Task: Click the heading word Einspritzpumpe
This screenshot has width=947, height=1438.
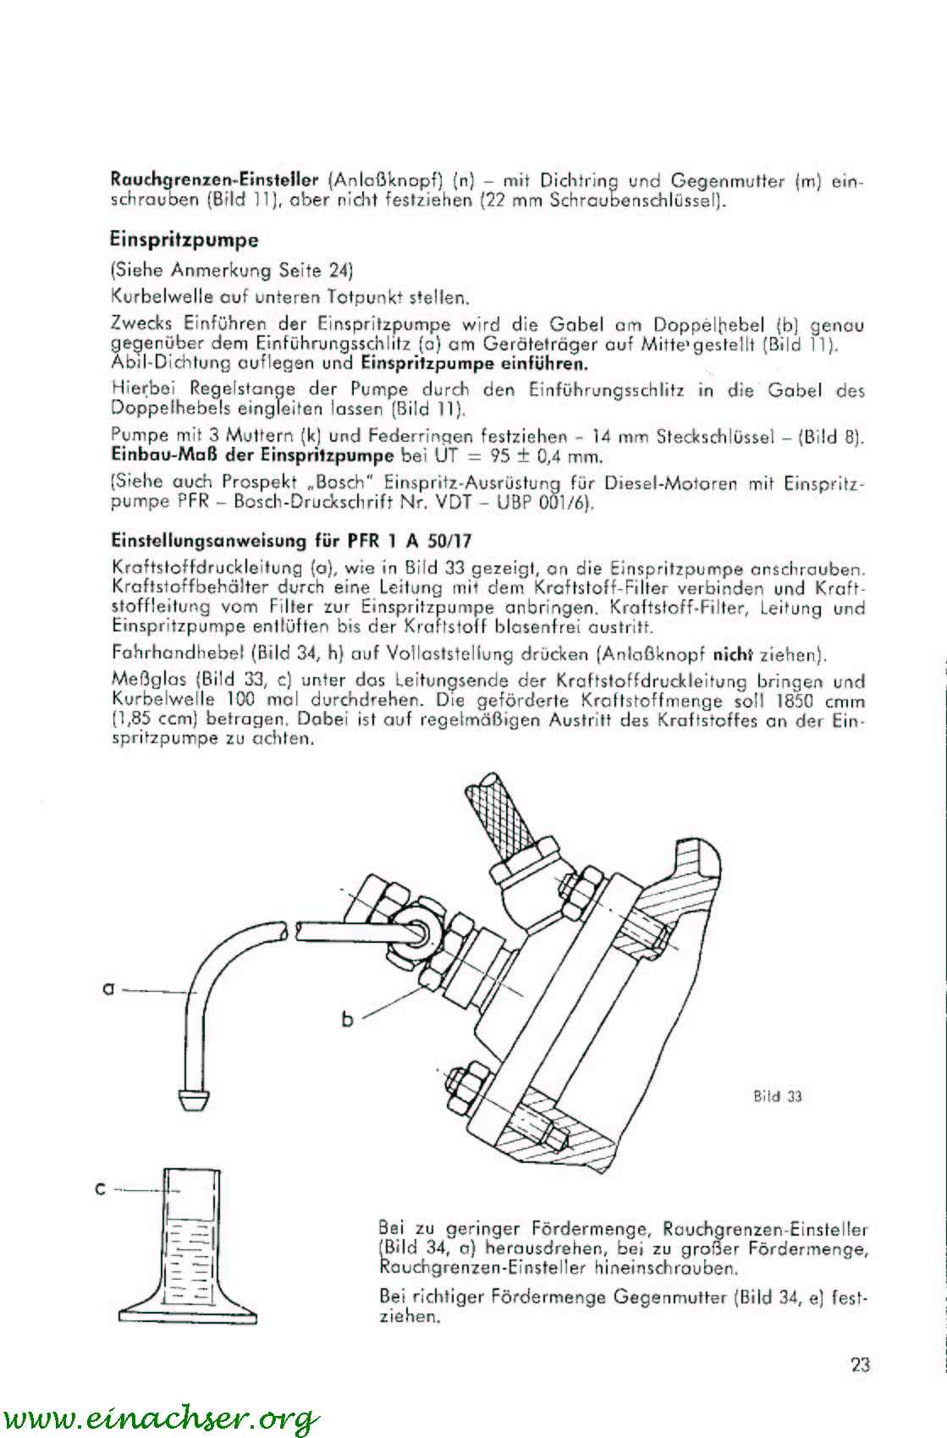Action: point(184,240)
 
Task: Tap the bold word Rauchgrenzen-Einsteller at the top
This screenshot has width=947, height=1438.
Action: point(214,179)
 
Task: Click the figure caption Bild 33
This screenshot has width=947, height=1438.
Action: point(778,1096)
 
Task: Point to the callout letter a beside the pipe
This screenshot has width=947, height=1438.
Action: point(108,989)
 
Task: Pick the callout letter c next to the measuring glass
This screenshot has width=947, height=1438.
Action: point(100,1189)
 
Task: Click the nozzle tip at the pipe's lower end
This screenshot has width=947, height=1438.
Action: point(193,1099)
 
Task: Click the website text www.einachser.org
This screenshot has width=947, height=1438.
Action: point(161,1417)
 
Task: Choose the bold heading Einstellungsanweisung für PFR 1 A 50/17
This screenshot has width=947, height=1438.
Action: point(291,541)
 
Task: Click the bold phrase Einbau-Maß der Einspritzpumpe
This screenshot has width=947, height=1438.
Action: point(252,456)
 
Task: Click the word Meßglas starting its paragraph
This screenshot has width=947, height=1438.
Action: point(150,680)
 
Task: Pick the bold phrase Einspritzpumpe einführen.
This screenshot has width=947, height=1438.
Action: point(474,363)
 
